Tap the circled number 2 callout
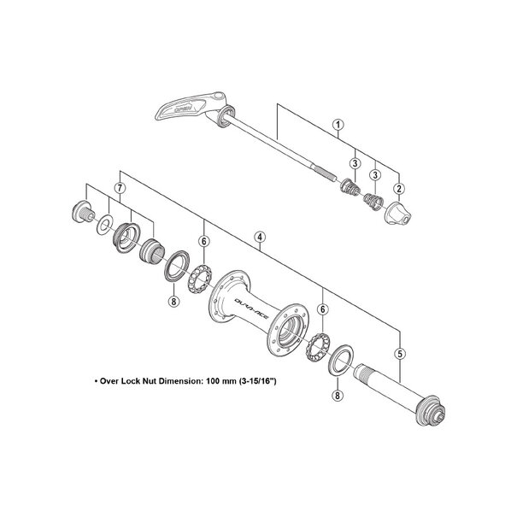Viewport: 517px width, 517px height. [398, 187]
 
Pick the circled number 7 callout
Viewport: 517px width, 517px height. [120, 185]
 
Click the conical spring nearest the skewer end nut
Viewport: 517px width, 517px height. [371, 202]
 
